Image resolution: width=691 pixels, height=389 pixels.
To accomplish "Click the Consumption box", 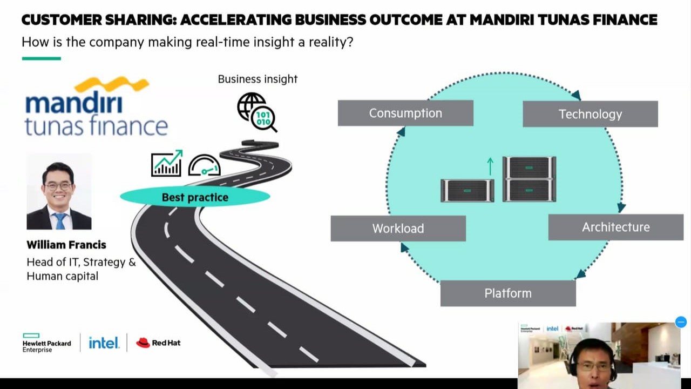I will pyautogui.click(x=405, y=113).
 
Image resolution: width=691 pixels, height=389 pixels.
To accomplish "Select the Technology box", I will pyautogui.click(x=590, y=114).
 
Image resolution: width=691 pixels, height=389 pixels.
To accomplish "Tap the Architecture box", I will pyautogui.click(x=615, y=227).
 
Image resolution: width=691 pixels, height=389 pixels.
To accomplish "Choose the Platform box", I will pyautogui.click(x=508, y=293).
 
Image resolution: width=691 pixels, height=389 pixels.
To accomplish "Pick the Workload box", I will pyautogui.click(x=398, y=228).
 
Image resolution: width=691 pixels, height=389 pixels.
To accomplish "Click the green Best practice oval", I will pyautogui.click(x=195, y=197).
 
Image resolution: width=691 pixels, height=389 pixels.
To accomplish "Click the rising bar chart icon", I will pyautogui.click(x=166, y=163).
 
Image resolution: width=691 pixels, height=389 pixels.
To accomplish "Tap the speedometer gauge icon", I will pyautogui.click(x=204, y=166).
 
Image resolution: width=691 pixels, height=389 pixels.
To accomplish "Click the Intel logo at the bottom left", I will pyautogui.click(x=104, y=343).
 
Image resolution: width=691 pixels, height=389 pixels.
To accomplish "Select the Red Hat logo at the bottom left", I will pyautogui.click(x=158, y=343).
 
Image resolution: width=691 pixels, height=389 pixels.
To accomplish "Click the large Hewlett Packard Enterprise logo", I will pyautogui.click(x=46, y=343).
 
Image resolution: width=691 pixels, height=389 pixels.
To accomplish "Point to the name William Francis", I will pyautogui.click(x=66, y=245).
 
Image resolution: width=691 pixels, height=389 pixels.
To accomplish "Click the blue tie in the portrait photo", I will pyautogui.click(x=59, y=220).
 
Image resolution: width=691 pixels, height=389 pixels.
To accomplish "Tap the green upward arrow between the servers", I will pyautogui.click(x=490, y=166).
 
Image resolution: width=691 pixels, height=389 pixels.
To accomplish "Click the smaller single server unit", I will pyautogui.click(x=468, y=190).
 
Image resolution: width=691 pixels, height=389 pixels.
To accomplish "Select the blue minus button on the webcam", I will pyautogui.click(x=681, y=323).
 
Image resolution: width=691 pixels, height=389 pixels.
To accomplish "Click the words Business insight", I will pyautogui.click(x=258, y=79).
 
